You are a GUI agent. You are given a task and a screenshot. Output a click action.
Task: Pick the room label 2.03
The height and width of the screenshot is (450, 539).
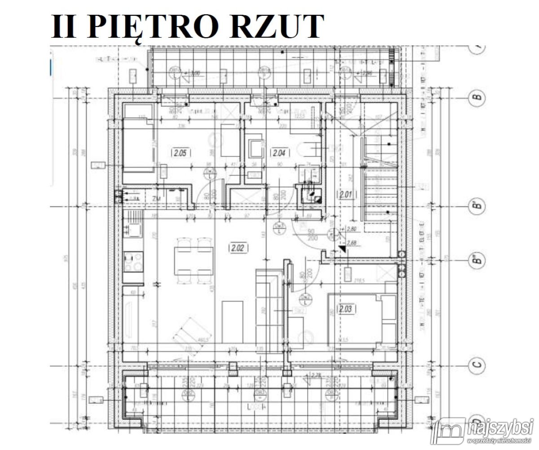click(x=346, y=309)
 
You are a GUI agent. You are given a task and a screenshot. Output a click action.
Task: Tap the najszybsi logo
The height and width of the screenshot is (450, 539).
click(x=483, y=430)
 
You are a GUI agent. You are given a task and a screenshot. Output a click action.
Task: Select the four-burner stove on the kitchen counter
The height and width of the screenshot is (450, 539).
click(x=133, y=263)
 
